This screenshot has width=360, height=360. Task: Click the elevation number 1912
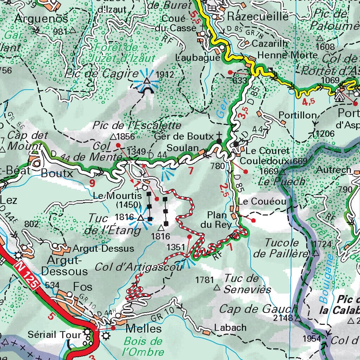(165, 74)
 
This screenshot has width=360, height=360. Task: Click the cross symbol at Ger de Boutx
(219, 135)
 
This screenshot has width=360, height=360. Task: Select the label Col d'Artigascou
(139, 267)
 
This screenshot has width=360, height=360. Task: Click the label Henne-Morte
(287, 55)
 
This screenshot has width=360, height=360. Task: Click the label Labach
(231, 328)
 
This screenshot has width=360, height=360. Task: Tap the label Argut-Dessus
(103, 249)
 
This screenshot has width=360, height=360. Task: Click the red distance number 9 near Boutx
(92, 183)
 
